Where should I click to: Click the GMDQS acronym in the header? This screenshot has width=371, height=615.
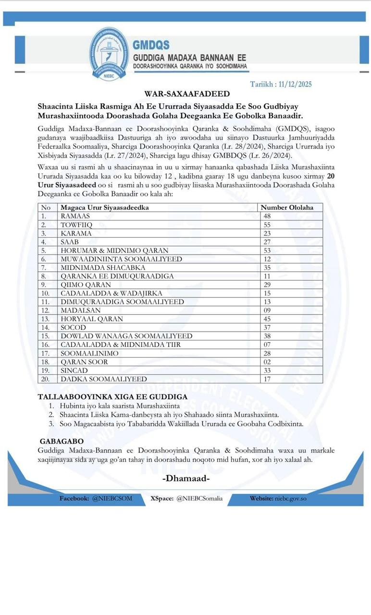pos(151,45)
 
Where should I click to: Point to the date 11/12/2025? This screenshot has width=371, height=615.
pos(295,84)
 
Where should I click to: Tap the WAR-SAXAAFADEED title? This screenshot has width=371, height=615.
pos(187,94)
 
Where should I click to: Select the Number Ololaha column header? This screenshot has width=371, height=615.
pos(287,208)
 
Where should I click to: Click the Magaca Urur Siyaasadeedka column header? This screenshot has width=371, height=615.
pos(105,208)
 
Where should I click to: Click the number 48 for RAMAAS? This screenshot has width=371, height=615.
pos(267,216)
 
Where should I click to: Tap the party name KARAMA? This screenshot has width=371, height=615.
pos(76,234)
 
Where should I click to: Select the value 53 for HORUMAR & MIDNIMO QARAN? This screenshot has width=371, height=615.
pos(267,250)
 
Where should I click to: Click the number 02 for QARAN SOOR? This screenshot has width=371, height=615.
pos(267,362)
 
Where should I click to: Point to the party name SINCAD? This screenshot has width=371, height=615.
pos(75,370)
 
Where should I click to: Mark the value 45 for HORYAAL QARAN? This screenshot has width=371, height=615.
pos(267,319)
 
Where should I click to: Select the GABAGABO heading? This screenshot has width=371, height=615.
pos(62,441)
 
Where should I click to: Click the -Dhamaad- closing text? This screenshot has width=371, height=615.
pos(186,479)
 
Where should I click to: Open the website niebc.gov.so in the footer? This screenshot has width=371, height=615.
pos(291,498)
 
